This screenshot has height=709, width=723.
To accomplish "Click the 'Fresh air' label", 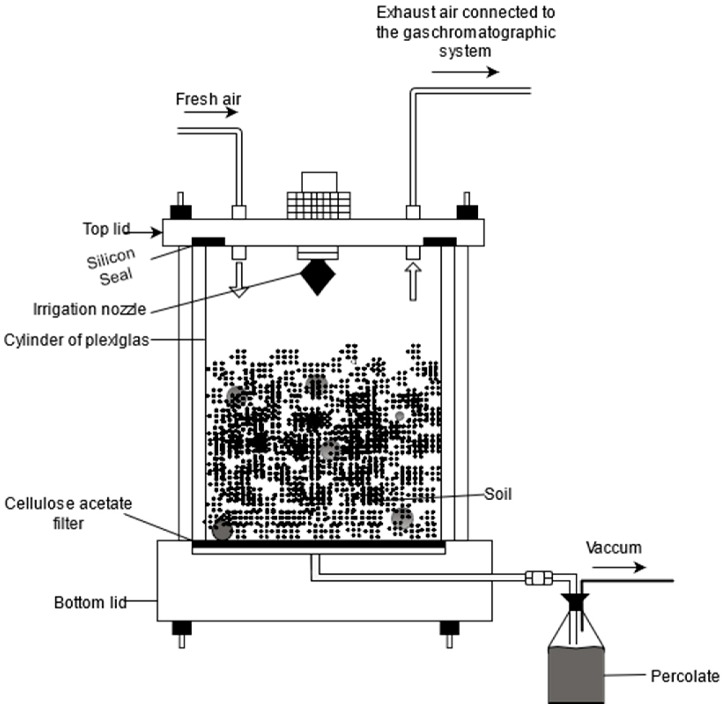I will point(208,100).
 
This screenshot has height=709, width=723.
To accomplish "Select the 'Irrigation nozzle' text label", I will point(89,310).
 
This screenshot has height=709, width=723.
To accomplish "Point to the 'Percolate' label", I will point(685,676).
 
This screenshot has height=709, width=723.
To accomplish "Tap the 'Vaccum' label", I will point(614,548).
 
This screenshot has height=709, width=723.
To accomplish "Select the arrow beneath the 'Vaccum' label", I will point(618,568).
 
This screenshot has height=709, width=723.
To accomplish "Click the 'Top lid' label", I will point(106,229).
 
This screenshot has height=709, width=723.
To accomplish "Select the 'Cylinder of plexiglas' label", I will point(76,340).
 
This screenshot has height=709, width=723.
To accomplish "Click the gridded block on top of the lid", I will point(319,205).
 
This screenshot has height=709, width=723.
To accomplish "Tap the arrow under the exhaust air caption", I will point(465,72).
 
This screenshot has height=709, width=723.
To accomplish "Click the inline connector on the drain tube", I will point(539,578).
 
